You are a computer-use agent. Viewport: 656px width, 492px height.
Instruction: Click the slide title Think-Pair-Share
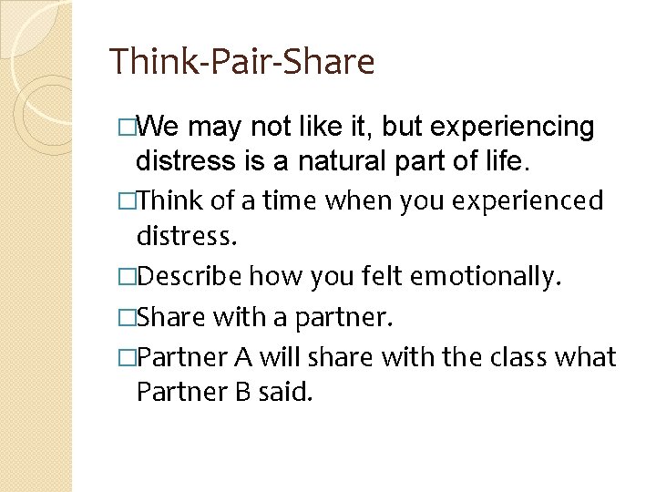(241, 62)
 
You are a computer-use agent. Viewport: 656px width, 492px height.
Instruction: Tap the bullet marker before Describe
(127, 276)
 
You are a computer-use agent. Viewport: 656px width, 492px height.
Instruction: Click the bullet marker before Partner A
(127, 356)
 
